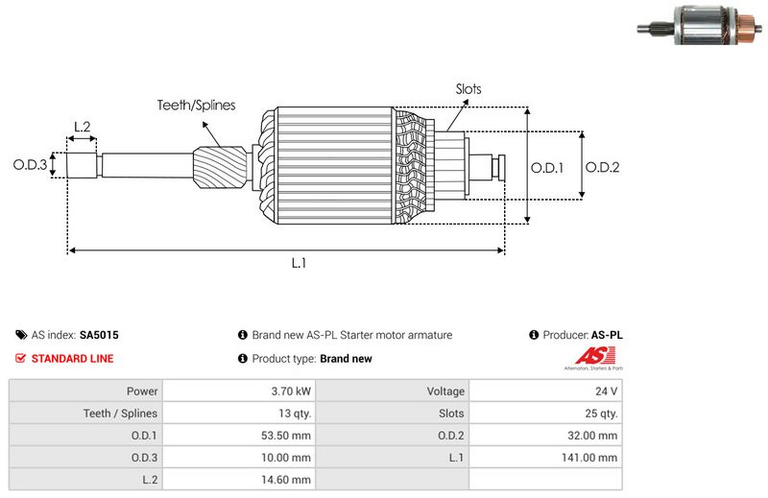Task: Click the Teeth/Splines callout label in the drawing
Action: (196, 106)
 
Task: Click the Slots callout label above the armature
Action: (468, 89)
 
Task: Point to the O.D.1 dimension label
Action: (547, 167)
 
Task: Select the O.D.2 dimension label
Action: (602, 167)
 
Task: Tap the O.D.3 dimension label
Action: (30, 165)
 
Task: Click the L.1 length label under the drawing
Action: (299, 263)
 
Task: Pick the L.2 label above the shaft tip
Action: (82, 127)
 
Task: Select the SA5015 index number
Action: (99, 336)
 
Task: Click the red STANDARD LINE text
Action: (72, 359)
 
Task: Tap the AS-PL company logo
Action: (591, 360)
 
